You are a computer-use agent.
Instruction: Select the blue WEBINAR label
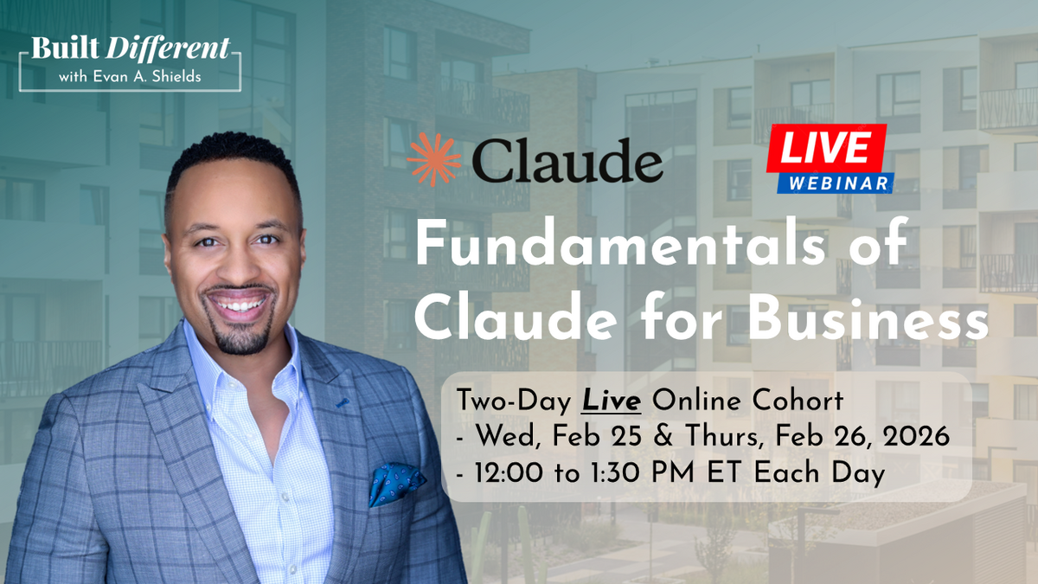tap(836, 183)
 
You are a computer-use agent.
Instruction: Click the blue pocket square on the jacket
tap(394, 483)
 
